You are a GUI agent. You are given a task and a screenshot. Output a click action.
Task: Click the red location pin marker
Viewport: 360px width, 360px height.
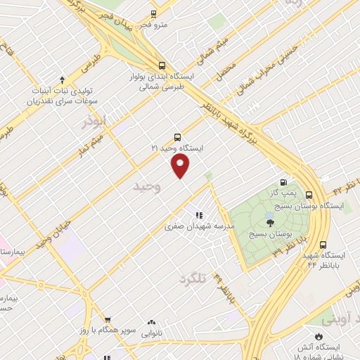pyautogui.click(x=181, y=166)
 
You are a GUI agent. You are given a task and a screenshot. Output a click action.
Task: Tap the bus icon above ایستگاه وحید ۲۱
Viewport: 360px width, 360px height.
pyautogui.click(x=176, y=138)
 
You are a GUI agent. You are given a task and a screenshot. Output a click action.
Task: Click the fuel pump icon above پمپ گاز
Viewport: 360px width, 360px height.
pyautogui.click(x=283, y=181)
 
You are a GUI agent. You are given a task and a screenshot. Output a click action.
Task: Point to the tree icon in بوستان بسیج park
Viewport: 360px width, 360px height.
pyautogui.click(x=271, y=223)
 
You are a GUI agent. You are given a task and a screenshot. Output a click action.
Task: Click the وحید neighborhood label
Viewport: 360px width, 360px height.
pyautogui.click(x=148, y=186)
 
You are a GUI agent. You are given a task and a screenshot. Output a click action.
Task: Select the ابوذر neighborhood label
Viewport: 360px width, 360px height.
pyautogui.click(x=93, y=121)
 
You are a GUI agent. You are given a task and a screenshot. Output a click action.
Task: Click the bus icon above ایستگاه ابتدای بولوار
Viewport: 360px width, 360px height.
pyautogui.click(x=162, y=65)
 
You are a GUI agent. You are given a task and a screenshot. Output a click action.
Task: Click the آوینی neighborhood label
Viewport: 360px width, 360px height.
pyautogui.click(x=337, y=319)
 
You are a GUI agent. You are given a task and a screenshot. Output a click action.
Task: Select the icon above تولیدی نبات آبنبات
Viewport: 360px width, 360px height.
pyautogui.click(x=63, y=79)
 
